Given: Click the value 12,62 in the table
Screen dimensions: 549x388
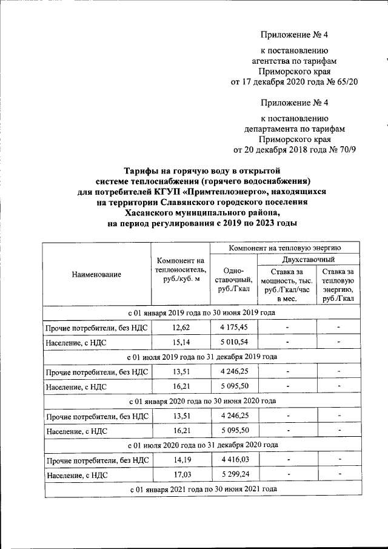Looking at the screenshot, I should point(181,328).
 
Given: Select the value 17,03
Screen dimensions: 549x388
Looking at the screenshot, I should point(181,476).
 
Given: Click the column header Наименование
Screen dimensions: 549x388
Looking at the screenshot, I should point(96,275).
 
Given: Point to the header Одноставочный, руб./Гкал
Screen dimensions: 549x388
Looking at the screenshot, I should point(233,281).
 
